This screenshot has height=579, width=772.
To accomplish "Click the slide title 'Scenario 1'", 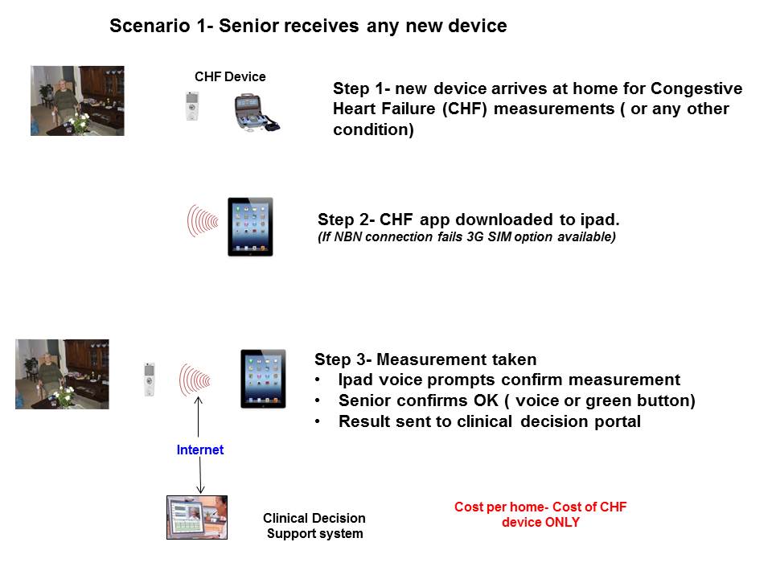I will [307, 26].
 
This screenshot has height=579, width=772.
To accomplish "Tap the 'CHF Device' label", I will [230, 77].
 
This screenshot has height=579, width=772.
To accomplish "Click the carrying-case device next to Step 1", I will [255, 113].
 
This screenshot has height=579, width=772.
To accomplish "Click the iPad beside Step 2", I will [250, 227].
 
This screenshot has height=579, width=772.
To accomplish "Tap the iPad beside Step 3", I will [263, 378].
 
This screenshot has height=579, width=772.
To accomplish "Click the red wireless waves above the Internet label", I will [195, 377].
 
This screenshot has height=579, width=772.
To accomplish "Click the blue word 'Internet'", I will [200, 450].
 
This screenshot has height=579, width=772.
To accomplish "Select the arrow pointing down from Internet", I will [200, 478].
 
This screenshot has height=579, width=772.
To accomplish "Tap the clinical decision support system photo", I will [196, 517].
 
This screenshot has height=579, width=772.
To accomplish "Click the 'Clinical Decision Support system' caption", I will [314, 526].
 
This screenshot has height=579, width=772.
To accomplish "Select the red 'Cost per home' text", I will [540, 515].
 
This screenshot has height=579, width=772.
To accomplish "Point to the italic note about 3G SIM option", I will [466, 236].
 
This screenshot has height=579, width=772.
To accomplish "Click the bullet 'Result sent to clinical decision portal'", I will [489, 421].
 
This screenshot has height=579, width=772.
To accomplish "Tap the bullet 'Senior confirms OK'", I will [516, 400].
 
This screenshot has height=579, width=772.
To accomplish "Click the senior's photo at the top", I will [77, 101].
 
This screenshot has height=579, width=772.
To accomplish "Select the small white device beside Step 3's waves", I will [149, 379].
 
